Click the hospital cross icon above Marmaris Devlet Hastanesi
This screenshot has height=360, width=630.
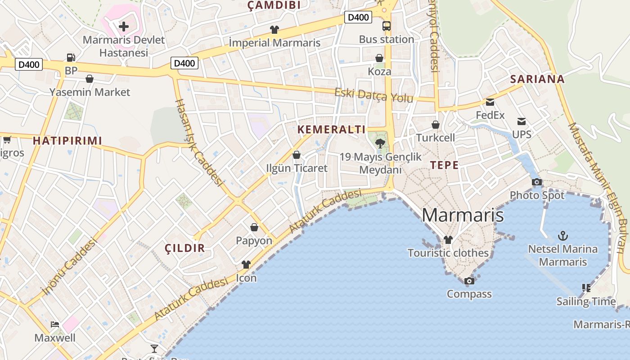[124, 27]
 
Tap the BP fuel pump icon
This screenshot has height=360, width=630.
[71, 58]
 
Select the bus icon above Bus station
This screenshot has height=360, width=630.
[387, 26]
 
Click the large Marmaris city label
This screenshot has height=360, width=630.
[463, 215]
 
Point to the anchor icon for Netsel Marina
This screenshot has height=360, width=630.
[562, 235]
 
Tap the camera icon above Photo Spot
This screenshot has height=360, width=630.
[537, 182]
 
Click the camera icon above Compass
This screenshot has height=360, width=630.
[469, 281]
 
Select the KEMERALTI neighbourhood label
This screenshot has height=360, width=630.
[331, 130]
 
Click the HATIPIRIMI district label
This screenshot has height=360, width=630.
[67, 140]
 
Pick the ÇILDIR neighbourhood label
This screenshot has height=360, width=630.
[184, 248]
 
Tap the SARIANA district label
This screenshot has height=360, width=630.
[537, 79]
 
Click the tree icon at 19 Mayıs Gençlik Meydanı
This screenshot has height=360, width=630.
[380, 144]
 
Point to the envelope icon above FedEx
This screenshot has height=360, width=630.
[490, 102]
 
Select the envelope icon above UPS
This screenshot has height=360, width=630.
[522, 121]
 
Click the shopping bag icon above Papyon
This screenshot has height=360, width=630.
[254, 227]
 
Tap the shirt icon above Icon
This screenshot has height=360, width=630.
[246, 265]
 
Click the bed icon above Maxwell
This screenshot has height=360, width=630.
[55, 324]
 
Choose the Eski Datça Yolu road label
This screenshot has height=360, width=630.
[373, 95]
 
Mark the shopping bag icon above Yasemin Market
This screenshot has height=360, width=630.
[90, 79]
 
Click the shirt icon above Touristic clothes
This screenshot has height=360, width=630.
[448, 240]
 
